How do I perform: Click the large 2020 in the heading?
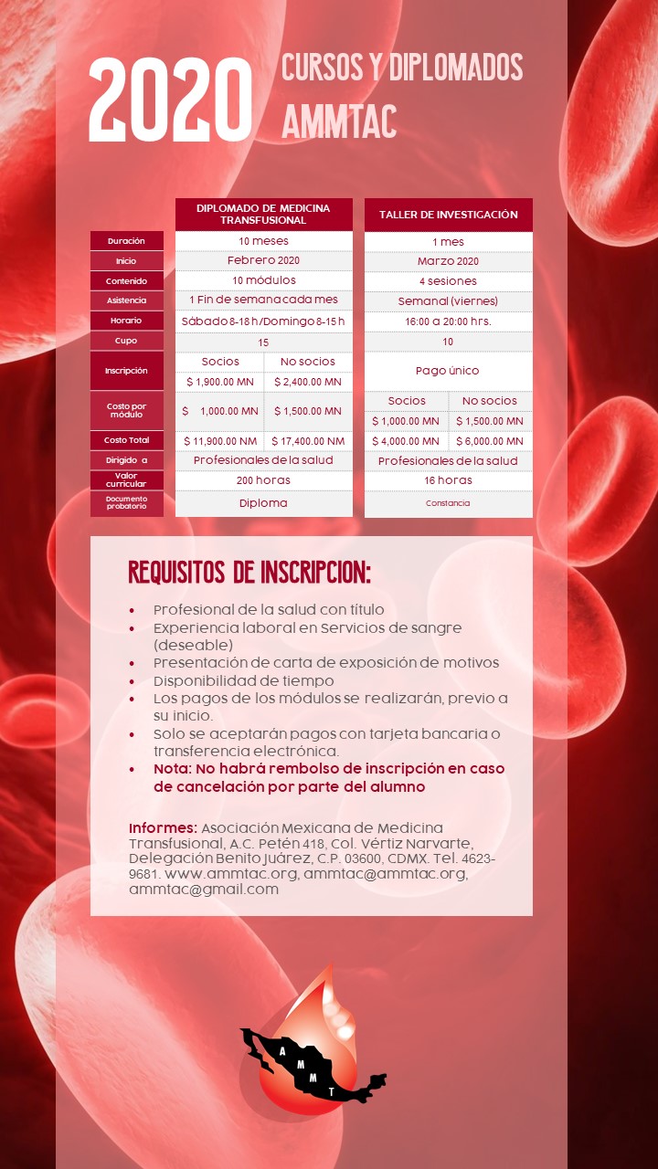point(170,100)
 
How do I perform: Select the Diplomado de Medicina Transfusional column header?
point(263,214)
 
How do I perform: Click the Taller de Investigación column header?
point(448,215)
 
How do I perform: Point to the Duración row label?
point(126,241)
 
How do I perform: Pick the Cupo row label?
point(126,341)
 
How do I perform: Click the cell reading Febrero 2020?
point(263,260)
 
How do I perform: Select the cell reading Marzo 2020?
point(448,261)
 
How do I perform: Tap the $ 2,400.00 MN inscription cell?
point(308,382)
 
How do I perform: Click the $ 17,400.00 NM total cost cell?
point(308,441)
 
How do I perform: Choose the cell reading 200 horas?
point(263,480)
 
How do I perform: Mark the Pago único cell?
point(448,371)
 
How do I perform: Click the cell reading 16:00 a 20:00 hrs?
point(448,321)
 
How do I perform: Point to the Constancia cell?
point(448,503)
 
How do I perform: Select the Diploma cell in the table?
point(263,503)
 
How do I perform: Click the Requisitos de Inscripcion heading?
point(249,574)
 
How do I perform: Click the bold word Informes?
point(163,827)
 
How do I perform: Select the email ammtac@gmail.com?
point(204,889)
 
